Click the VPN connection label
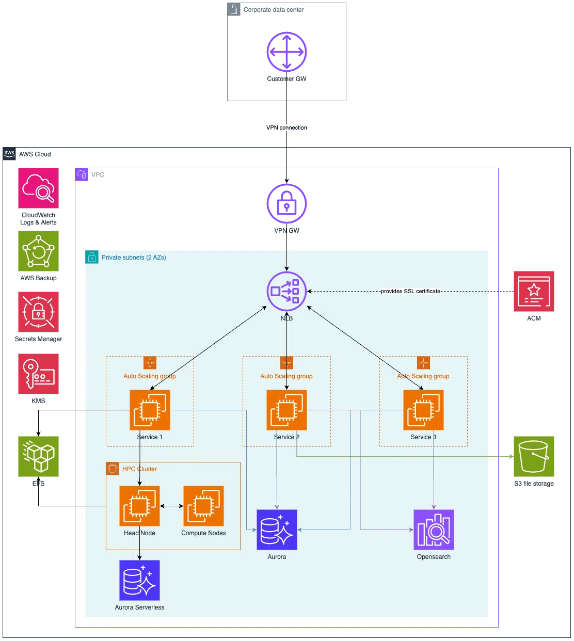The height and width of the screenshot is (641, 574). pyautogui.click(x=286, y=127)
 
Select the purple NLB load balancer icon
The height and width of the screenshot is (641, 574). pyautogui.click(x=286, y=292)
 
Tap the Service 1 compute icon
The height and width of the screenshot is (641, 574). pyautogui.click(x=150, y=410)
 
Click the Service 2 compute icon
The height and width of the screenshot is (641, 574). pyautogui.click(x=286, y=410)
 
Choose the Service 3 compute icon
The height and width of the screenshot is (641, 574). pyautogui.click(x=423, y=410)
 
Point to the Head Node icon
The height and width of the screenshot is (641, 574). pyautogui.click(x=139, y=506)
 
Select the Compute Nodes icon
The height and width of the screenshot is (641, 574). pyautogui.click(x=203, y=506)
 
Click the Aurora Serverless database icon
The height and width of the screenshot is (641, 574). pyautogui.click(x=139, y=580)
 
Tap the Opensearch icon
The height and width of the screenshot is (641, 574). pyautogui.click(x=434, y=530)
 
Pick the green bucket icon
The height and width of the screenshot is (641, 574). pyautogui.click(x=534, y=456)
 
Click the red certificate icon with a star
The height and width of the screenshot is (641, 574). pyautogui.click(x=534, y=291)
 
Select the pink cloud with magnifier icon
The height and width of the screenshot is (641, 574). pyautogui.click(x=38, y=188)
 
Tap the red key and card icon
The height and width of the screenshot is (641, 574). pyautogui.click(x=38, y=374)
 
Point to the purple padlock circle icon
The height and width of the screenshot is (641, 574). pyautogui.click(x=286, y=204)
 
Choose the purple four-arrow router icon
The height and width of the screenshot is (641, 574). pyautogui.click(x=286, y=52)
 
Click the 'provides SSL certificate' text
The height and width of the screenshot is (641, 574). pyautogui.click(x=410, y=292)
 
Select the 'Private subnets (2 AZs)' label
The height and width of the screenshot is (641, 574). pyautogui.click(x=134, y=258)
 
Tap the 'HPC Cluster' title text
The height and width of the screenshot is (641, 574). pyautogui.click(x=139, y=469)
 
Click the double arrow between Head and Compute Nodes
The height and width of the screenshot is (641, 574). pyautogui.click(x=171, y=506)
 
